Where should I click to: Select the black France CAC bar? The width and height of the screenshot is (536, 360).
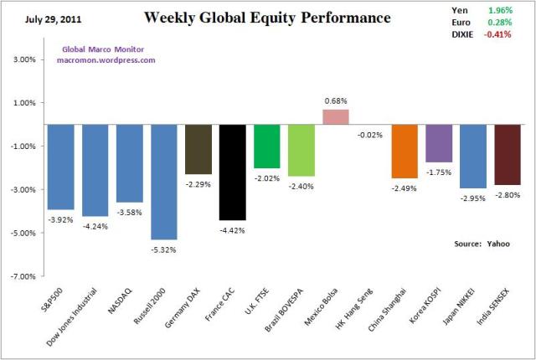click(232, 172)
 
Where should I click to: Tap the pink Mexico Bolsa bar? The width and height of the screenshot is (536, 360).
click(335, 116)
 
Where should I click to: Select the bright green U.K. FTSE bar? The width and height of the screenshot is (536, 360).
click(266, 146)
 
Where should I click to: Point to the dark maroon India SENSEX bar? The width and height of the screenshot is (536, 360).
click(507, 154)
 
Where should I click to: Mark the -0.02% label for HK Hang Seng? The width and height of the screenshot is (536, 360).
click(369, 134)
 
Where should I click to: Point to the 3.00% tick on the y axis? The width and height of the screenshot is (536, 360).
click(23, 60)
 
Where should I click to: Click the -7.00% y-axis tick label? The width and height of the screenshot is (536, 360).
click(22, 275)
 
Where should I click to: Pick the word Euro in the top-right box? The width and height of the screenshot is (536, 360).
click(451, 23)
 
